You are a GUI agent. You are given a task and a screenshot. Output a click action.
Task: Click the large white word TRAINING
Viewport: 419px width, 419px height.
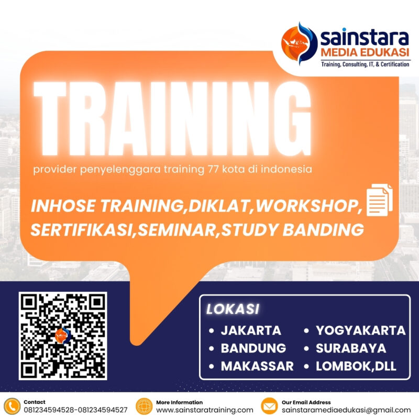click(172, 119)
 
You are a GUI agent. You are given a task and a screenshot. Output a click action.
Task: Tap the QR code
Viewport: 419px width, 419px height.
click(63, 336)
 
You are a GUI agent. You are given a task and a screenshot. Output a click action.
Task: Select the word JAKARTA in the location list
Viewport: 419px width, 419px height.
click(251, 330)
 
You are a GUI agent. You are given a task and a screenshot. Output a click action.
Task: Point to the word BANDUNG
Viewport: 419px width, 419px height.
click(253, 348)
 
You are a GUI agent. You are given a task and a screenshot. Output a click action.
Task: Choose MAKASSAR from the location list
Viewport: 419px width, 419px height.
click(257, 366)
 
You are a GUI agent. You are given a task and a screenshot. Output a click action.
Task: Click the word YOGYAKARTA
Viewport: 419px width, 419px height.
click(360, 330)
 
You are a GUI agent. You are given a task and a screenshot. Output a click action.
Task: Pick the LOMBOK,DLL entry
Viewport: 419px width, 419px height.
click(356, 366)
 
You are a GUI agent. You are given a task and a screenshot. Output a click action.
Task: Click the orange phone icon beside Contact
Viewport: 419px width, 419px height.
click(12, 406)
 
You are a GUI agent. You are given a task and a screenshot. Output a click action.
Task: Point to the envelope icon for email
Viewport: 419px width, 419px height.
click(269, 406)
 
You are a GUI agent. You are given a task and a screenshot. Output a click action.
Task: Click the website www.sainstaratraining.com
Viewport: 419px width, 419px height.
click(204, 410)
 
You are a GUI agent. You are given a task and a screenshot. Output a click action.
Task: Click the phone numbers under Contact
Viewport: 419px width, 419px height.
click(75, 410)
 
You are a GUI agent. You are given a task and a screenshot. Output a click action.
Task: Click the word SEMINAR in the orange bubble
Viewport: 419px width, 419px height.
click(179, 229)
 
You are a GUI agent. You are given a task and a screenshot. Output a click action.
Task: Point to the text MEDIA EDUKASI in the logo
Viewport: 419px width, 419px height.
click(365, 52)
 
